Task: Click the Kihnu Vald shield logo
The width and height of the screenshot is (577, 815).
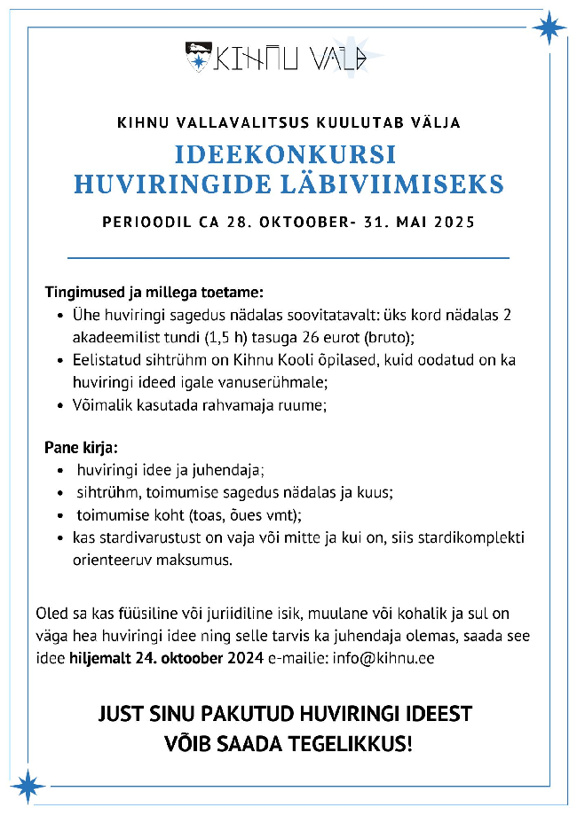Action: pyautogui.click(x=197, y=57)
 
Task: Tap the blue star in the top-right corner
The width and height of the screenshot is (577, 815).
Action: pyautogui.click(x=548, y=27)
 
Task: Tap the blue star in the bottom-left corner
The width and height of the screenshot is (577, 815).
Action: pyautogui.click(x=28, y=785)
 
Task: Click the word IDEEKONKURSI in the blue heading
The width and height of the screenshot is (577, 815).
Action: pyautogui.click(x=285, y=153)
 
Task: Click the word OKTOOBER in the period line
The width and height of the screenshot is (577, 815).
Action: pyautogui.click(x=305, y=222)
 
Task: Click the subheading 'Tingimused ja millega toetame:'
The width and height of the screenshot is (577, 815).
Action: pyautogui.click(x=154, y=292)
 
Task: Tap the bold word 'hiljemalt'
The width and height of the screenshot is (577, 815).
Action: pyautogui.click(x=97, y=660)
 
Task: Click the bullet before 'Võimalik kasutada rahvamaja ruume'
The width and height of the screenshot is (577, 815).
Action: pyautogui.click(x=59, y=406)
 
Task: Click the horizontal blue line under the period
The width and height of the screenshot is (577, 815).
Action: pyautogui.click(x=288, y=258)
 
